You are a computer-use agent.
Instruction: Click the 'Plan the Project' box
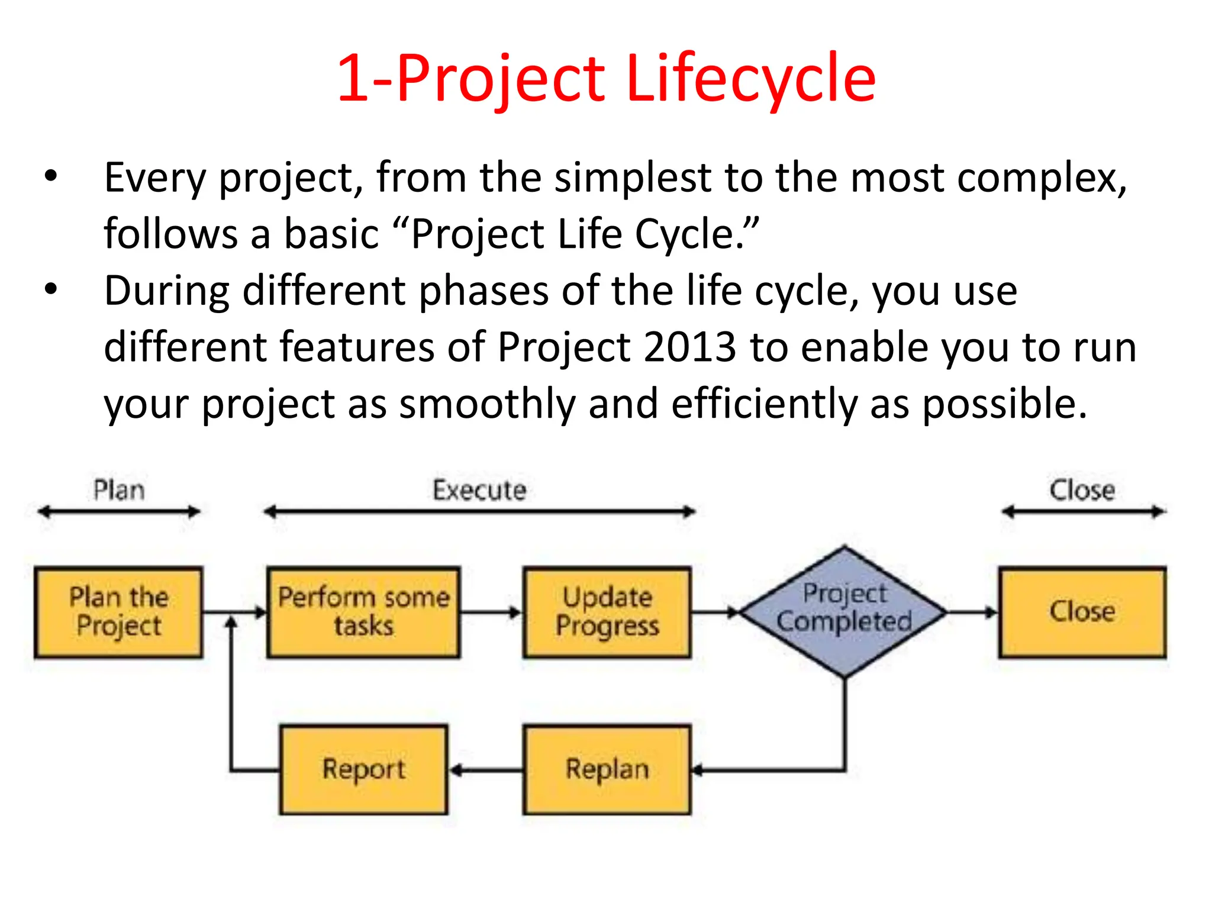click(118, 612)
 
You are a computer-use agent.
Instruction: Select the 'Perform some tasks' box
click(363, 612)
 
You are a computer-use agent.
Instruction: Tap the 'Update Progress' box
click(607, 612)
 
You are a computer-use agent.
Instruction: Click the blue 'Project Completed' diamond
click(844, 612)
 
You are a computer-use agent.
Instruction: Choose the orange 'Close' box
click(1082, 612)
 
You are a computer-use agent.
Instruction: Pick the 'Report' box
click(363, 769)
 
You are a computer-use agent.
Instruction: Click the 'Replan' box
click(607, 769)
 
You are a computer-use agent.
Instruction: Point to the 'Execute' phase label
click(479, 490)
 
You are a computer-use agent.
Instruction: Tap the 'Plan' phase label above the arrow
click(119, 490)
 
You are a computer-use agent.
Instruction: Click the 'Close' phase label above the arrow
click(1082, 490)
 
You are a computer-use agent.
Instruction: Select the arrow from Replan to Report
click(485, 770)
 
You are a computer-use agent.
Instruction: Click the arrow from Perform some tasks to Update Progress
click(491, 612)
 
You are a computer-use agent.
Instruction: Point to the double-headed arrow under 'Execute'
click(479, 512)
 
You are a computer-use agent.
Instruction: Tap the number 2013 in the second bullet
click(689, 347)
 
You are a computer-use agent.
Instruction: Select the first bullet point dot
click(51, 176)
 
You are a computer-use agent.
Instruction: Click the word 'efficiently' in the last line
click(764, 404)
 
